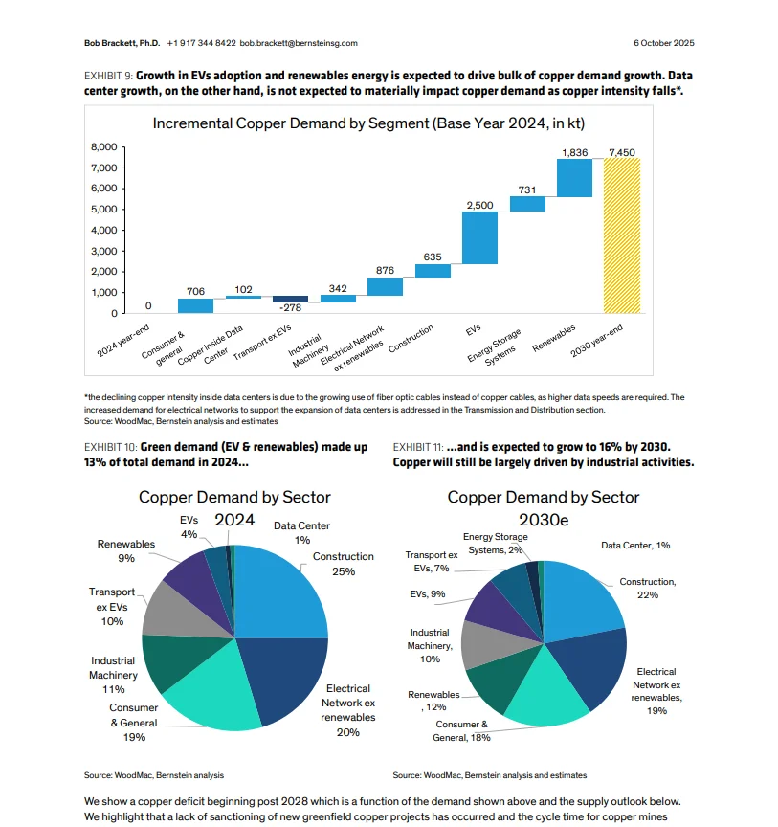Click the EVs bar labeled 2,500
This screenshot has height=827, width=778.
pos(479,237)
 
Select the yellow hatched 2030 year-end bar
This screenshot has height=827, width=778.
pos(621,235)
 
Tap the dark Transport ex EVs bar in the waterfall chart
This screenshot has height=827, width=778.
pos(290,299)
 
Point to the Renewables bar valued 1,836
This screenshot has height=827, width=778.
pos(574,178)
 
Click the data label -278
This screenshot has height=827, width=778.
pos(290,307)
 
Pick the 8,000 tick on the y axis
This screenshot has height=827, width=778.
pos(103,147)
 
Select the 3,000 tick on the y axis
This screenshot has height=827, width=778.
pos(103,251)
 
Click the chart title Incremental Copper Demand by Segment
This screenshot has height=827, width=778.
pos(368,123)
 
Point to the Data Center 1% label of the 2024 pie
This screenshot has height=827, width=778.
pos(301,532)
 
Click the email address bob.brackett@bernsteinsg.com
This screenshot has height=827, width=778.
pos(298,43)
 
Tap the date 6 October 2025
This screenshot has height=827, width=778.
pos(663,43)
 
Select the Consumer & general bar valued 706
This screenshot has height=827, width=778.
pos(195,306)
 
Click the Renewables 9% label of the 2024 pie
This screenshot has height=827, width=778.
pos(126,550)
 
